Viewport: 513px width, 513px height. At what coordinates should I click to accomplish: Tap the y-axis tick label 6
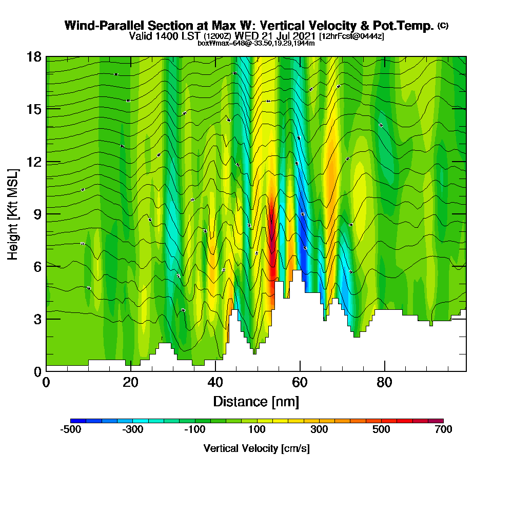(x=37, y=266)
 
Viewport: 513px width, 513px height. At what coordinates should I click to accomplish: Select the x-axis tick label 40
(x=215, y=383)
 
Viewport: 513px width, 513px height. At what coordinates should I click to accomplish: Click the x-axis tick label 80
(x=384, y=383)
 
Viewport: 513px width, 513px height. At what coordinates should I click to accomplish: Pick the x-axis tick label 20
(x=131, y=383)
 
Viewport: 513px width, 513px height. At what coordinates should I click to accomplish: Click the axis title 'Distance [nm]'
(x=256, y=401)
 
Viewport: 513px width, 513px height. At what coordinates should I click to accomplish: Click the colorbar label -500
(x=71, y=429)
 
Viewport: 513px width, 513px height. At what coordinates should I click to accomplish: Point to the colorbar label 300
(x=319, y=429)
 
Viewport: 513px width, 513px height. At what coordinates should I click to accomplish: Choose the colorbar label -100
(x=195, y=429)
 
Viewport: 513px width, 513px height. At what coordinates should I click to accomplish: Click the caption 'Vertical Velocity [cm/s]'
(x=256, y=448)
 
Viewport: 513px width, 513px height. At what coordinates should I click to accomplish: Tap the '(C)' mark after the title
(x=443, y=26)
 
